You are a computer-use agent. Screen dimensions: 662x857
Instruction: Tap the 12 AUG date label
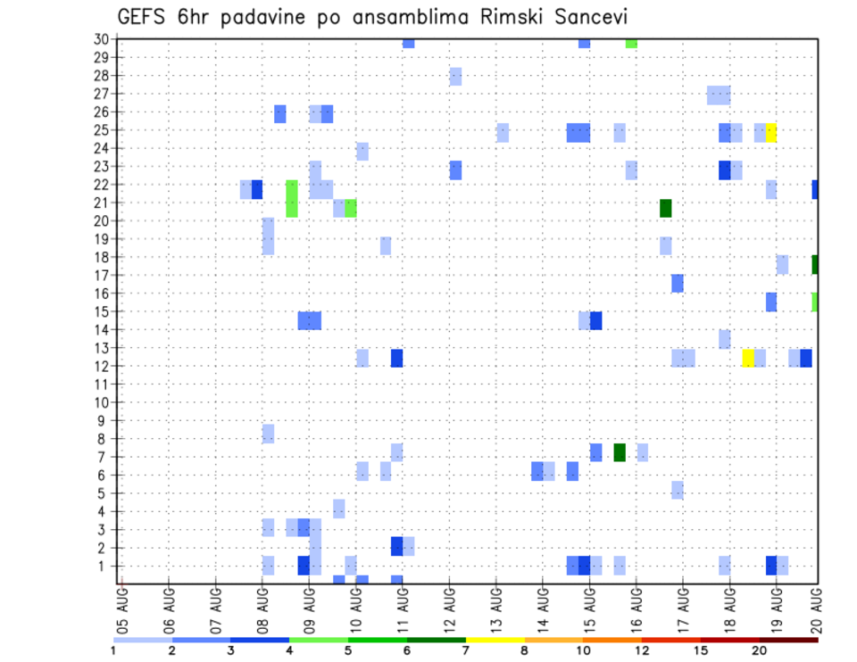[449, 606]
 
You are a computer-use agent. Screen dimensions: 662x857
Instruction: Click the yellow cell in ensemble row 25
[771, 132]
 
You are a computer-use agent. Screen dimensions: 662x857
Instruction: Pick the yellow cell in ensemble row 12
[748, 358]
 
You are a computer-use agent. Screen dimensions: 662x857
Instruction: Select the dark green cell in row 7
[620, 452]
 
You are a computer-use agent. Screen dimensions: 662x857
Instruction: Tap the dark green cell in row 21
[666, 208]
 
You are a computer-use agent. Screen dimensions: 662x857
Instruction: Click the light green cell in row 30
[631, 43]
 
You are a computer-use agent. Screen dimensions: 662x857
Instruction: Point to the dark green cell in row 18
[816, 264]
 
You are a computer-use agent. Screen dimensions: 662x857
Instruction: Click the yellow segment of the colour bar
[495, 640]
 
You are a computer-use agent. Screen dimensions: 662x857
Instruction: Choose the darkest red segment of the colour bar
[788, 640]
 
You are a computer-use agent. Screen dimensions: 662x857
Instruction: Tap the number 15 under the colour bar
[701, 650]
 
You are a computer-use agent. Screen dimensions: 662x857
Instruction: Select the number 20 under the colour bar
[760, 650]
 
